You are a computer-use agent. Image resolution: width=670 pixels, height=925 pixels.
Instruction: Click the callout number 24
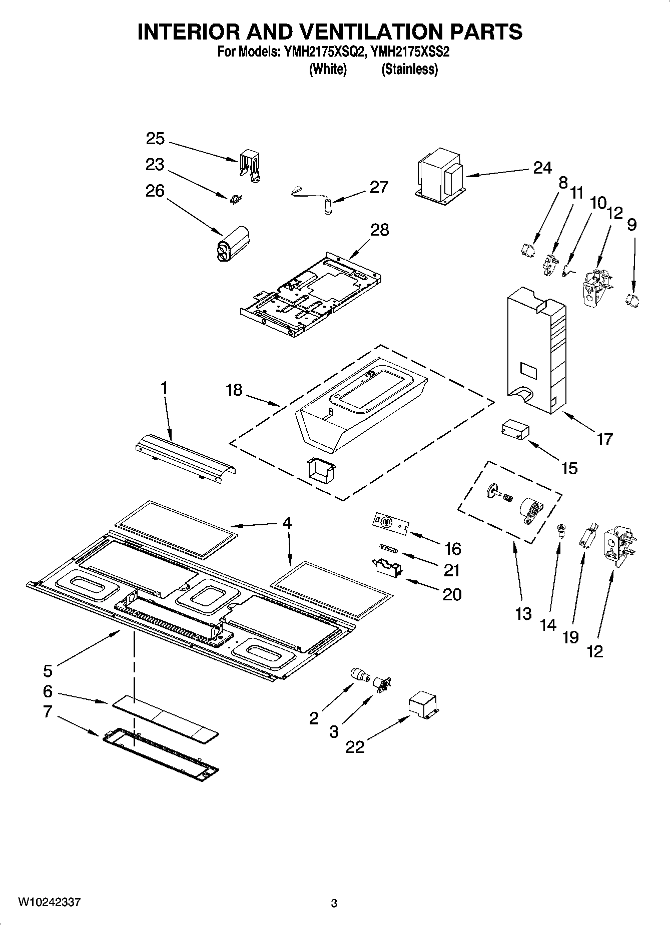542,168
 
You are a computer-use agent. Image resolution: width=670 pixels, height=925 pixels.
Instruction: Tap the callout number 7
48,711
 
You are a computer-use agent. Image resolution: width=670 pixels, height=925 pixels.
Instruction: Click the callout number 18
234,390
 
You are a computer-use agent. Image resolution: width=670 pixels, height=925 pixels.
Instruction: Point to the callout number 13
523,614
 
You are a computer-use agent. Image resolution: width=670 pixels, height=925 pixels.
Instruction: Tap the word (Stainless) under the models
409,69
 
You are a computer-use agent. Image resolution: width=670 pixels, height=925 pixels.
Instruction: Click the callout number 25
155,139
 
